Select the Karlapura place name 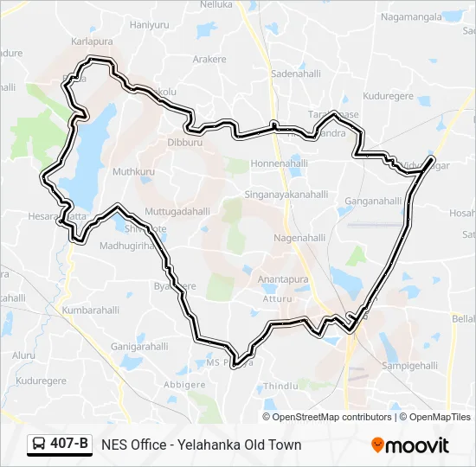[93, 41]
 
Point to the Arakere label [209, 59]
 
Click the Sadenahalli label [296, 74]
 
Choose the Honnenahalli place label [276, 163]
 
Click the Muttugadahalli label [177, 210]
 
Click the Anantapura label [283, 279]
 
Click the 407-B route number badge [60, 445]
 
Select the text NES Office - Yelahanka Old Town [201, 445]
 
